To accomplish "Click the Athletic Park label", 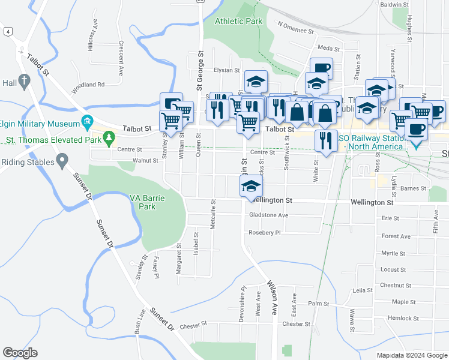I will [239, 21].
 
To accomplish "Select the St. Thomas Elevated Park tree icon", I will [109, 139].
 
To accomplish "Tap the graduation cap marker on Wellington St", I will [251, 187].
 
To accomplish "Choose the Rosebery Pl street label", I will [265, 232].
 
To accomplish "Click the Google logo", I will [20, 352].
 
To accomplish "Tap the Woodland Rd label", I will [88, 85].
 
